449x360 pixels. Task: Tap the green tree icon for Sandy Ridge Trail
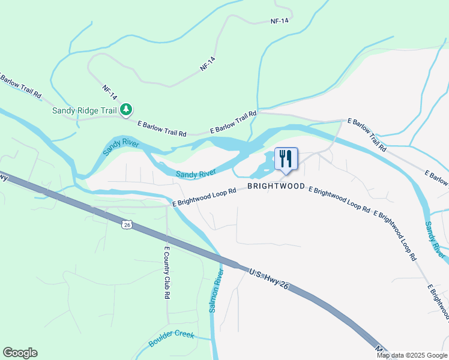pos(126,109)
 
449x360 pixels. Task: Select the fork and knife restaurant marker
pos(286,160)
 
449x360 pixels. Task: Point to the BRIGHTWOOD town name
pos(276,187)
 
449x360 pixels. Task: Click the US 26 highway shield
pos(125,224)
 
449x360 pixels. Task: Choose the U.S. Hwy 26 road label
pos(269,280)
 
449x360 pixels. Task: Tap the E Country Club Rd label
pos(167,273)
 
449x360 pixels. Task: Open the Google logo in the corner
pos(20,353)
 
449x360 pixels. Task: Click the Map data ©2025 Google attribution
pos(412,355)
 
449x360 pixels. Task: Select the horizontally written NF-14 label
pos(280,21)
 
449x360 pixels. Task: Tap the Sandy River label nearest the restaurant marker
pos(196,173)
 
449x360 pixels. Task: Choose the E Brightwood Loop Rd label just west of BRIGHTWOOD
pos(203,197)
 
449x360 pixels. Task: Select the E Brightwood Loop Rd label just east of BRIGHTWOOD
pos(339,200)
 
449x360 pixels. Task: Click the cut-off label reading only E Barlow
pos(436,177)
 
